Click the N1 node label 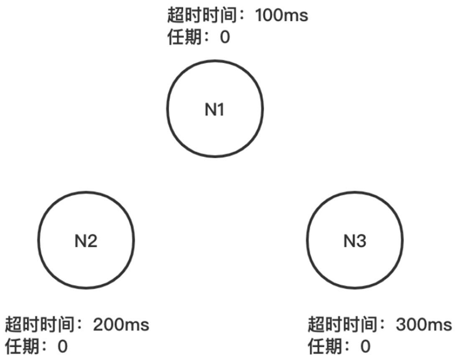tap(215, 110)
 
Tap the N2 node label tap(86, 241)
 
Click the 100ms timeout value tap(281, 16)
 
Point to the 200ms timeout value tap(121, 325)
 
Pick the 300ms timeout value tap(424, 325)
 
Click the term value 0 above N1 tap(225, 38)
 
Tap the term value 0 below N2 tap(62, 347)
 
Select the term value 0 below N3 tap(365, 347)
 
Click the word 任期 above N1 tap(184, 38)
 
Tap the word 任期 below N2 tap(22, 347)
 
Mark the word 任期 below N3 tap(325, 347)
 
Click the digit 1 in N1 tap(220, 110)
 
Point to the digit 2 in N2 tap(92, 241)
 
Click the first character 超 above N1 tap(176, 16)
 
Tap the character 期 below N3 tap(334, 347)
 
